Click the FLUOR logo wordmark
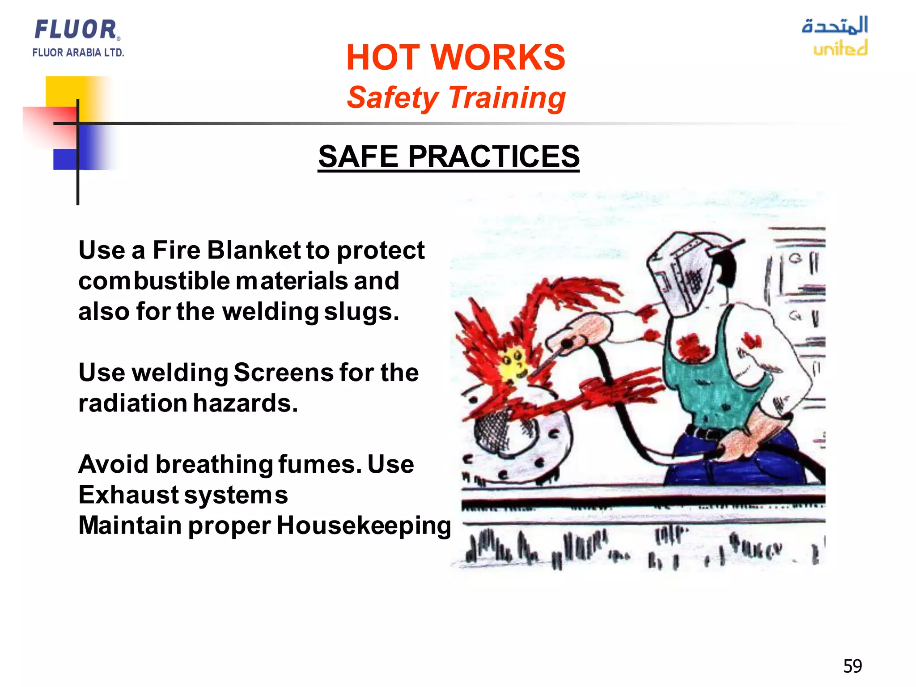(x=76, y=30)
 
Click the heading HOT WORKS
(x=455, y=58)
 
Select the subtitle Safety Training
(x=456, y=98)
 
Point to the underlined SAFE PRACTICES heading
(x=449, y=157)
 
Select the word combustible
(x=154, y=281)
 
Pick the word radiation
(x=133, y=403)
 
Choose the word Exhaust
(x=128, y=495)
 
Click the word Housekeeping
(x=364, y=526)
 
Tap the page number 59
(x=852, y=666)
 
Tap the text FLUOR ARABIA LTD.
(x=78, y=53)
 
